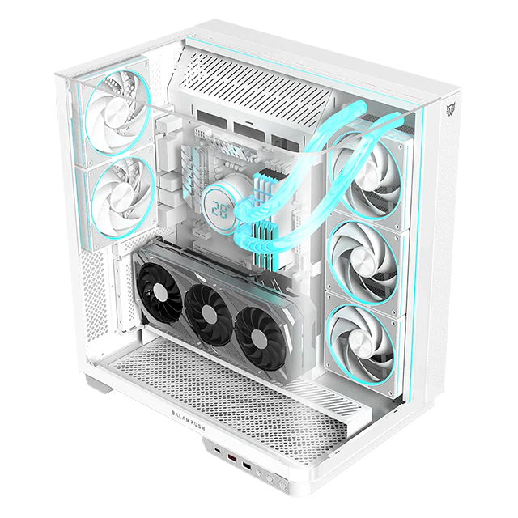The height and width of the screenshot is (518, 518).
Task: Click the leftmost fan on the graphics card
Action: point(158,287)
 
